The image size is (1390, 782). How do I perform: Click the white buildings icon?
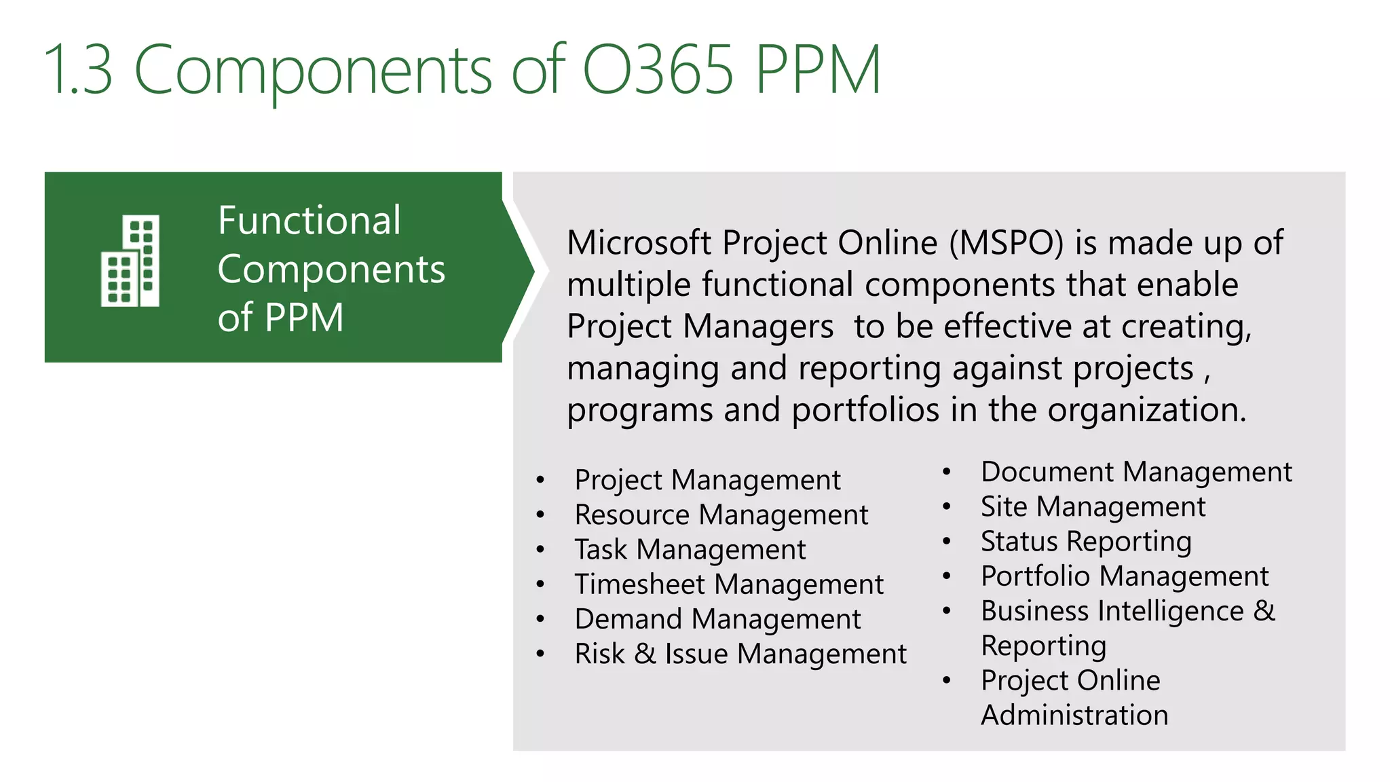point(130,261)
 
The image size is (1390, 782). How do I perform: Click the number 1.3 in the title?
point(78,69)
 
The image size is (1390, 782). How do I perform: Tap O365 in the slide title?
point(658,69)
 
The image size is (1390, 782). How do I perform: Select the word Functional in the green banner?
point(309,221)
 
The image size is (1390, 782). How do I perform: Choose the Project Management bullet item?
point(707,480)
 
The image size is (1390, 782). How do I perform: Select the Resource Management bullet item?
point(721,515)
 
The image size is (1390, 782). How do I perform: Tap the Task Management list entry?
point(690,549)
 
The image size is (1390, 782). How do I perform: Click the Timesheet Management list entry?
point(728,584)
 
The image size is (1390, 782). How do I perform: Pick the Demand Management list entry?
point(717,619)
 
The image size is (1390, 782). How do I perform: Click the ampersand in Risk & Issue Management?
point(645,654)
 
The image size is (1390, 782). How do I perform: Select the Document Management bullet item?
point(1136,472)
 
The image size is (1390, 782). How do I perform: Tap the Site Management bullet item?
point(1093,506)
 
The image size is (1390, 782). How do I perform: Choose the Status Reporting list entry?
point(1086,542)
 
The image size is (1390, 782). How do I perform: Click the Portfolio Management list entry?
point(1125,576)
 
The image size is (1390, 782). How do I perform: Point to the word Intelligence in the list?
point(1171,611)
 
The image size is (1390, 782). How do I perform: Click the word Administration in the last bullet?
point(1074,715)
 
